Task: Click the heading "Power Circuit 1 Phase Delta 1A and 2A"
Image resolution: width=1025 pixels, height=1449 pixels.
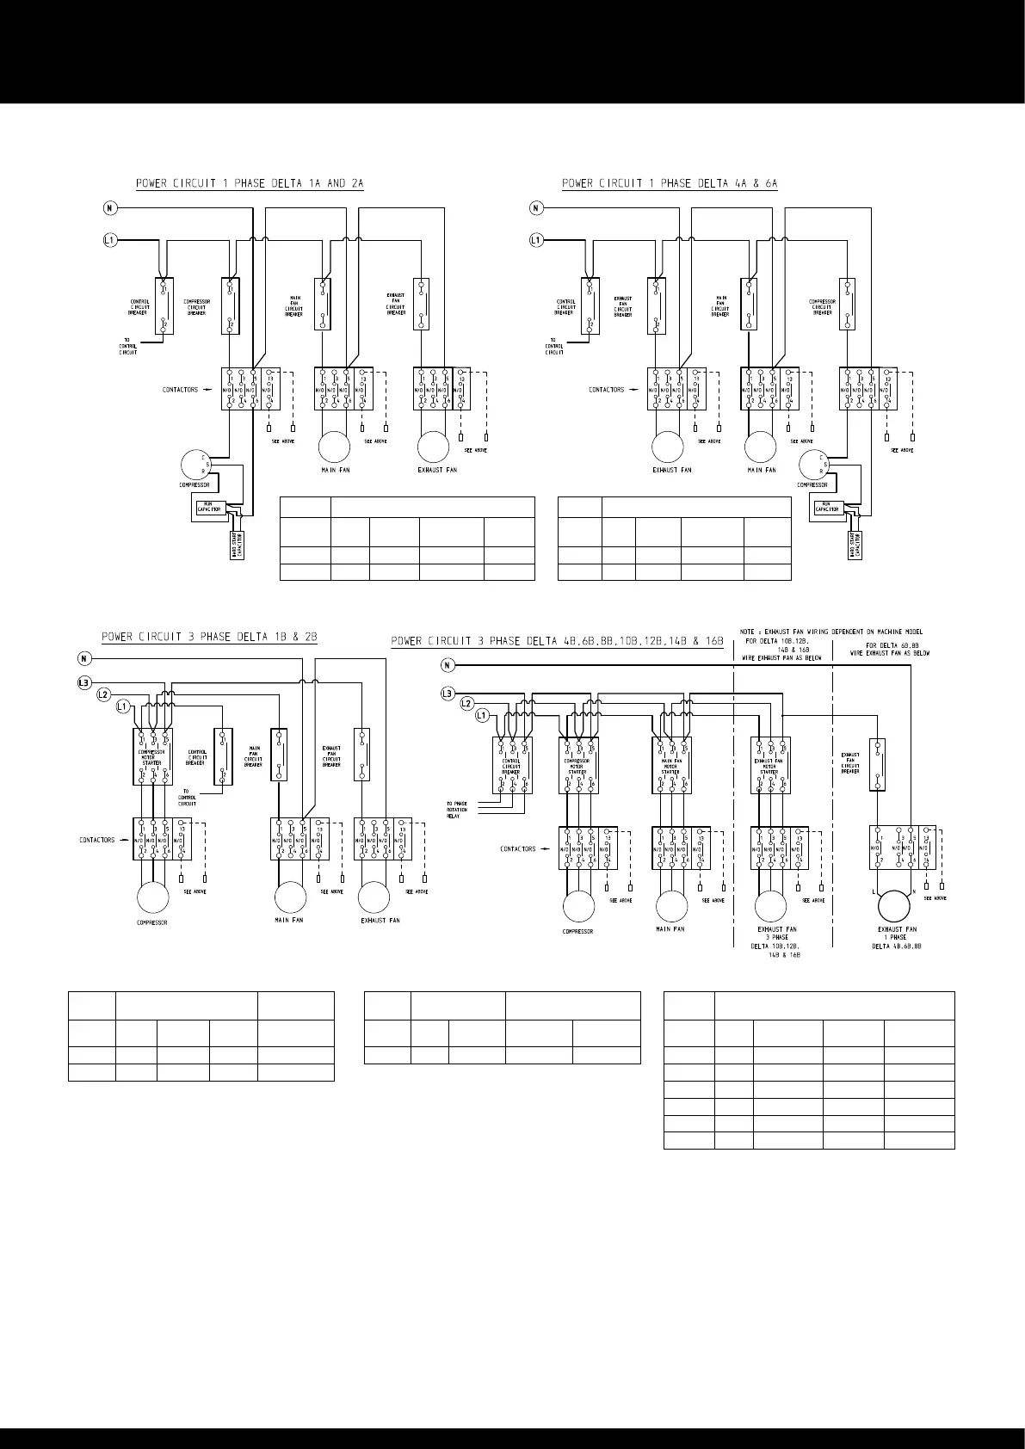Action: point(250,183)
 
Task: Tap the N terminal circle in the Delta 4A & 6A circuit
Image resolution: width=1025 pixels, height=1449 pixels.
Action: point(535,207)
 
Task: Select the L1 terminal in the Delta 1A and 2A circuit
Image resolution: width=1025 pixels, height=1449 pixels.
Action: point(110,240)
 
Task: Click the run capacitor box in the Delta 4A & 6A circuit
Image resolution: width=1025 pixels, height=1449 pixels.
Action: point(828,509)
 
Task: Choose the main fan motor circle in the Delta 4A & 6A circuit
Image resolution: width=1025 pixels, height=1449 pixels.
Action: point(760,448)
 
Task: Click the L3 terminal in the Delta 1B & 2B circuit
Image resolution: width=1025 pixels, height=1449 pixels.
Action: point(83,682)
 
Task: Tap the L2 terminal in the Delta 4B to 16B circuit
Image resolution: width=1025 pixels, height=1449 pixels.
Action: point(466,704)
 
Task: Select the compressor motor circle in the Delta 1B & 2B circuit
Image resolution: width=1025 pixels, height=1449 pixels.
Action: point(153,898)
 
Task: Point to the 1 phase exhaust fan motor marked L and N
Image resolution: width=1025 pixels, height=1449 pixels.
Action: point(893,906)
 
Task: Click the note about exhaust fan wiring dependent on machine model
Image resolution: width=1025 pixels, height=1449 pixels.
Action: point(830,632)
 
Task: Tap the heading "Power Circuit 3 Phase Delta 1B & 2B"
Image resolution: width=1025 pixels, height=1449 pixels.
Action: point(209,638)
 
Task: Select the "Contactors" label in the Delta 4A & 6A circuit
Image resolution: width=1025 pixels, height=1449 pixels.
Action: point(607,390)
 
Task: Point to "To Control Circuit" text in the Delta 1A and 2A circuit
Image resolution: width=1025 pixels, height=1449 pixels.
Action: point(128,347)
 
